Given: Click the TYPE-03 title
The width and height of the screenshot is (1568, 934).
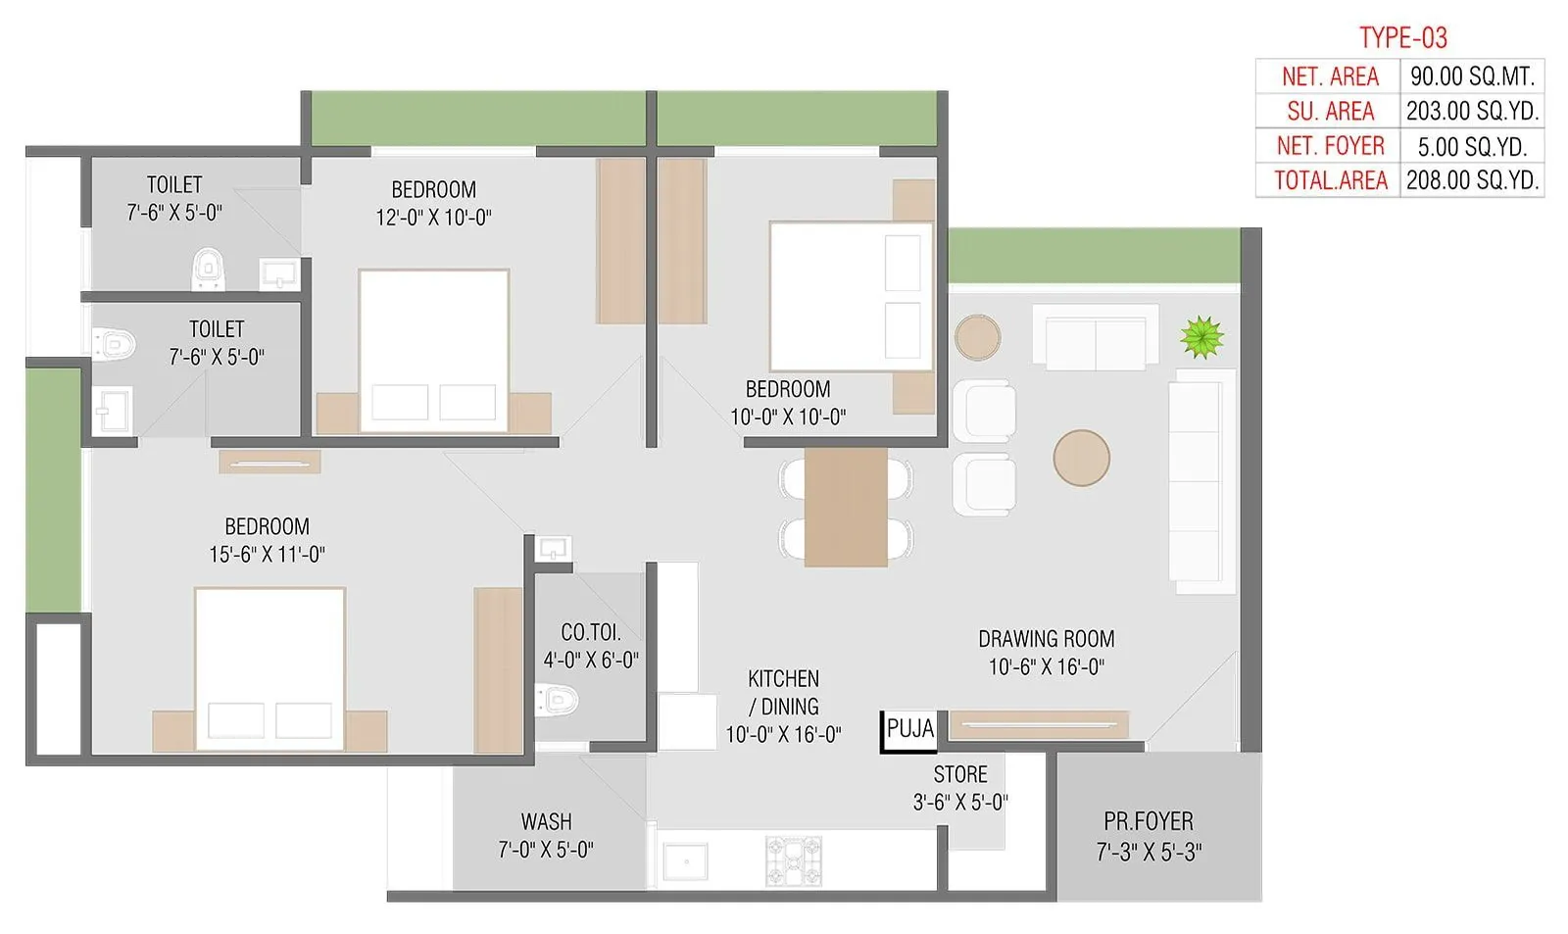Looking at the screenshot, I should (1402, 37).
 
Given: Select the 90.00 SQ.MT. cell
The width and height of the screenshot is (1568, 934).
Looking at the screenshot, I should (1472, 76).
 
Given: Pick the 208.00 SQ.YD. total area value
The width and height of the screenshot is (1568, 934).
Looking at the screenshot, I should (1472, 180).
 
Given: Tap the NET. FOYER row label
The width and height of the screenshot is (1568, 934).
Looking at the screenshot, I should (1330, 146).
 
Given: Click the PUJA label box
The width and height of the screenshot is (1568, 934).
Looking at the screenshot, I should (909, 730).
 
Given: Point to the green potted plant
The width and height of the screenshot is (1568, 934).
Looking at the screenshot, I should (1201, 338).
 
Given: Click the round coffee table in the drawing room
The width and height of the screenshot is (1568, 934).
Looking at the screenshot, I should (1081, 458).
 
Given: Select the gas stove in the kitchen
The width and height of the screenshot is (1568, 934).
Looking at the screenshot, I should (794, 860).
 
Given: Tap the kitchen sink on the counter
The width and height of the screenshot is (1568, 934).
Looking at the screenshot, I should (685, 860).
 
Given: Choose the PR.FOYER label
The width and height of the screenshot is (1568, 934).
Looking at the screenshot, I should (1149, 821).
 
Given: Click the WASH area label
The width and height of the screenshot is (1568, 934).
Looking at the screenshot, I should (546, 821).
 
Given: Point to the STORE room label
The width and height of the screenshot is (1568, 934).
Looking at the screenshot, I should (959, 774).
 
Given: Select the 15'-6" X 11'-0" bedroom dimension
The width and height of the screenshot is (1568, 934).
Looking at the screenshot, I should (267, 555).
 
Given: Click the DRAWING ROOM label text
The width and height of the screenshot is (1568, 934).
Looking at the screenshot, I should (1046, 639).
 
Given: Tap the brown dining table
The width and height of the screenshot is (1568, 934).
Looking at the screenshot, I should (846, 507).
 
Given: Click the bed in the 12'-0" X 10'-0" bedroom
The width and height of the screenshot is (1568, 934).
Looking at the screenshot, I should (433, 350).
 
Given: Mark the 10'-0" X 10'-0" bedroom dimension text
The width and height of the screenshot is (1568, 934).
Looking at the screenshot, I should (788, 418).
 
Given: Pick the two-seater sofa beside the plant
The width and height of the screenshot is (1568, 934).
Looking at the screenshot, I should (1095, 338).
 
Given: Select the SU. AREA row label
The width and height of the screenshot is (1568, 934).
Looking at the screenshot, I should (1330, 112).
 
